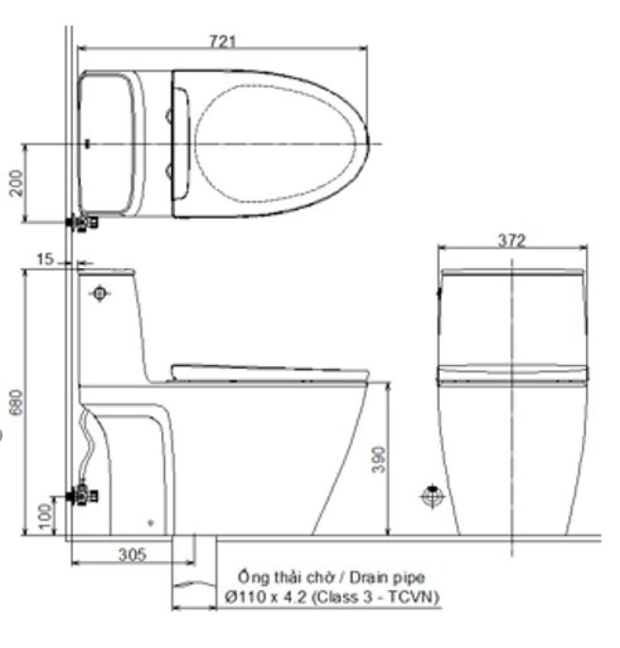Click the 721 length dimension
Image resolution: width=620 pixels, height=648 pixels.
point(223,42)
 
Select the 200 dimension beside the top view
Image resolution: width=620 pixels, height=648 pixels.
point(16,183)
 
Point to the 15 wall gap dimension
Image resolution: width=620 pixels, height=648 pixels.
point(45,259)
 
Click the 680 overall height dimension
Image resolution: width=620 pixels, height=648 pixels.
point(16,402)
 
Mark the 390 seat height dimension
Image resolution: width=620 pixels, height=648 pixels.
point(379,460)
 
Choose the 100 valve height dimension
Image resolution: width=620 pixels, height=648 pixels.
point(46,516)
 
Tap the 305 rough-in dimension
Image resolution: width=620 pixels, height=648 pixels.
point(132,555)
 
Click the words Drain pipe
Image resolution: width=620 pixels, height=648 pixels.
point(387,578)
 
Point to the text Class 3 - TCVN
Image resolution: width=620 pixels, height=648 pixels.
point(376,597)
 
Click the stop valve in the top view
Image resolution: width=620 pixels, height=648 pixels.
point(82,223)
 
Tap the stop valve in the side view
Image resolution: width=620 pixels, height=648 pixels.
point(82,496)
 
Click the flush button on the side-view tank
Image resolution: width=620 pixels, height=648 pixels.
point(100,293)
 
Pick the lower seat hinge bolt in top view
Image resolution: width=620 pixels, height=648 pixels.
point(170,170)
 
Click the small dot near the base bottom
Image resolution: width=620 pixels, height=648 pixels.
point(151,523)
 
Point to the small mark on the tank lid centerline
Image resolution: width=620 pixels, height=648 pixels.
point(87,144)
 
